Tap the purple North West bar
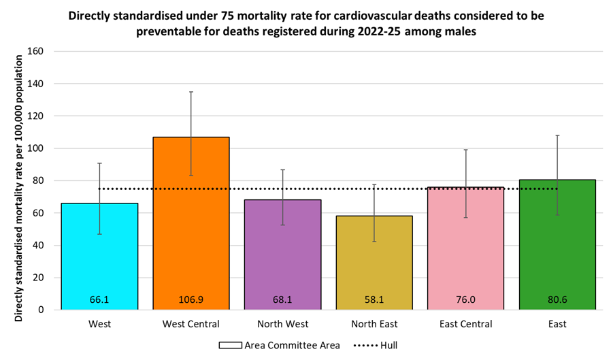(283, 259)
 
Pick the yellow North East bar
(374, 265)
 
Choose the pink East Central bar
(466, 252)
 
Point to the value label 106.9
(191, 299)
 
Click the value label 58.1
(374, 299)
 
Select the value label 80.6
(557, 299)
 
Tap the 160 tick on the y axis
(35, 52)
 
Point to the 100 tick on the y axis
(35, 148)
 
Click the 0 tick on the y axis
(41, 310)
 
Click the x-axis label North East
(374, 325)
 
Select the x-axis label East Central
(466, 325)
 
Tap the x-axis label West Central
(191, 325)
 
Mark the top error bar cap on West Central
(191, 92)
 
